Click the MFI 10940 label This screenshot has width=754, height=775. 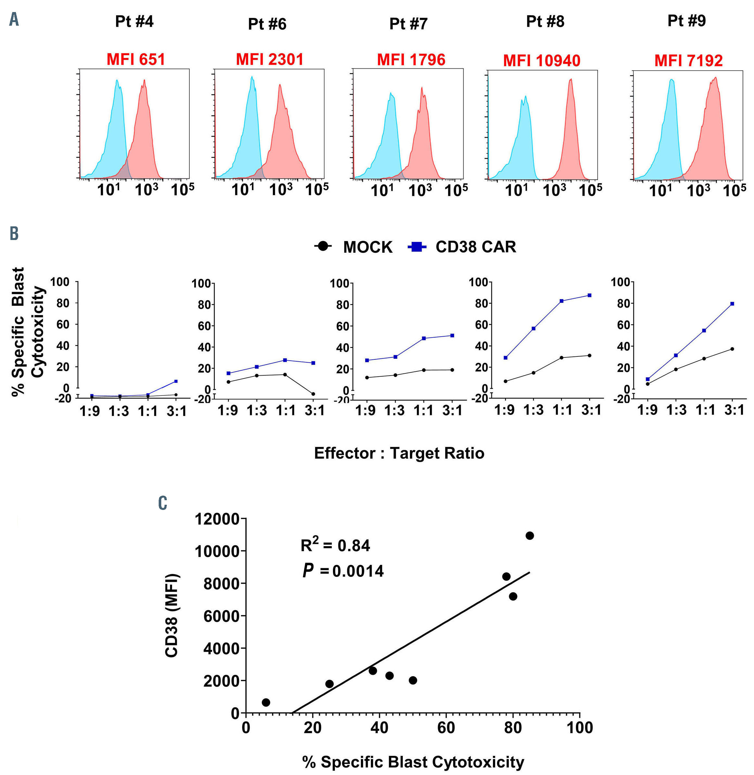pyautogui.click(x=541, y=60)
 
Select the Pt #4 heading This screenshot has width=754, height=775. pyautogui.click(x=134, y=21)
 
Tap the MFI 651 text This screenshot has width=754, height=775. pyautogui.click(x=136, y=60)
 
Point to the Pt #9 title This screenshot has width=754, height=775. pyautogui.click(x=686, y=20)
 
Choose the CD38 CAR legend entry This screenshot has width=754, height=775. pyautogui.click(x=462, y=247)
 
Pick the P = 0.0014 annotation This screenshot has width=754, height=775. pyautogui.click(x=343, y=571)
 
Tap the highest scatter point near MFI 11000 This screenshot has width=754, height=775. pyautogui.click(x=529, y=535)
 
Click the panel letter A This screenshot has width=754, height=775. pyautogui.click(x=14, y=19)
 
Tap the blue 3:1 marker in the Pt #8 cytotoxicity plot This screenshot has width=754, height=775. pyautogui.click(x=589, y=295)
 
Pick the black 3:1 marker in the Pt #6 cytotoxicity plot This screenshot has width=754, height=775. pyautogui.click(x=313, y=394)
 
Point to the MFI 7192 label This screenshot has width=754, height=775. pyautogui.click(x=688, y=60)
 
